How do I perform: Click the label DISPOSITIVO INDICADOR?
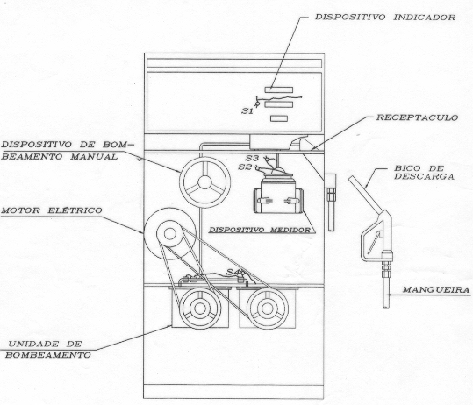click(385, 18)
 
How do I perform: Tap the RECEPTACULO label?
click(417, 117)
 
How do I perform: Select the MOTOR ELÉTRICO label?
click(52, 210)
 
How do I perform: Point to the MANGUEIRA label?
click(436, 290)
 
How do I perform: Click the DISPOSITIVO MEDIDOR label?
click(260, 230)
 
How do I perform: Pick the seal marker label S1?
click(247, 110)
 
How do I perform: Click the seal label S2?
click(245, 167)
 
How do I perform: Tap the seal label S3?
click(252, 158)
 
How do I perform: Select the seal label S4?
click(233, 272)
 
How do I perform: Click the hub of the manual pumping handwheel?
click(204, 182)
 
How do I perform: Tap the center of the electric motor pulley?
click(170, 234)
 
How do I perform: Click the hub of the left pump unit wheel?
click(200, 309)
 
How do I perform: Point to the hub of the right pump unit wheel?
click(268, 309)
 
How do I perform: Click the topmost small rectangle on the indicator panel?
click(279, 89)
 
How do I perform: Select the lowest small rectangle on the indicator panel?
click(279, 118)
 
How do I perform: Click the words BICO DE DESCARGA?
click(424, 173)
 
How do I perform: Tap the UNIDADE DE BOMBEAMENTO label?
click(48, 350)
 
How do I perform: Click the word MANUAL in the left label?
click(94, 157)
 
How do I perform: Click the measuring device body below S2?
click(278, 195)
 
